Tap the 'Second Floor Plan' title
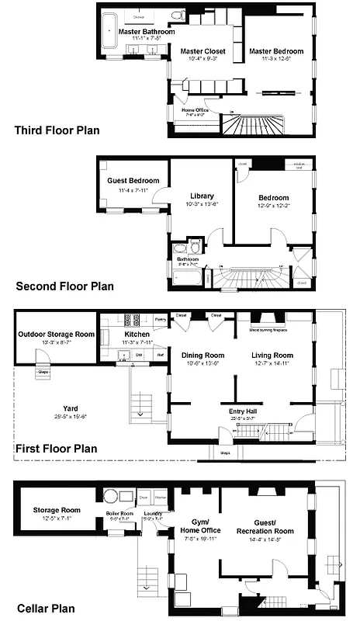64,286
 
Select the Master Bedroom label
276,51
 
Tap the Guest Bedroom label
133,181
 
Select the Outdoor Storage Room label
54,335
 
